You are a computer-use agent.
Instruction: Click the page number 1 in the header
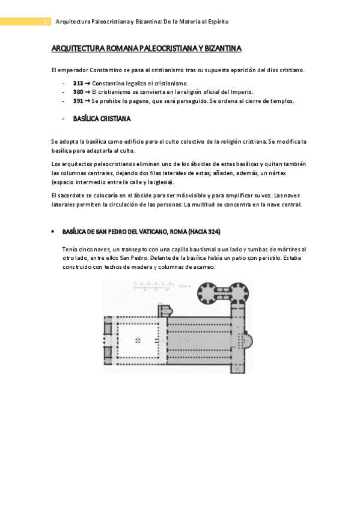[x=45, y=22]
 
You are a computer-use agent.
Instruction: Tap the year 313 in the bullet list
[x=78, y=83]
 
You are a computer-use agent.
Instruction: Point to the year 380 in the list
[x=78, y=92]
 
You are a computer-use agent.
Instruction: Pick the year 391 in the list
[x=78, y=101]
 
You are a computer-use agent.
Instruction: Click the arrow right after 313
[x=88, y=83]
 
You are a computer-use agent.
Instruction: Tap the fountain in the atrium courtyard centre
[x=138, y=340]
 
